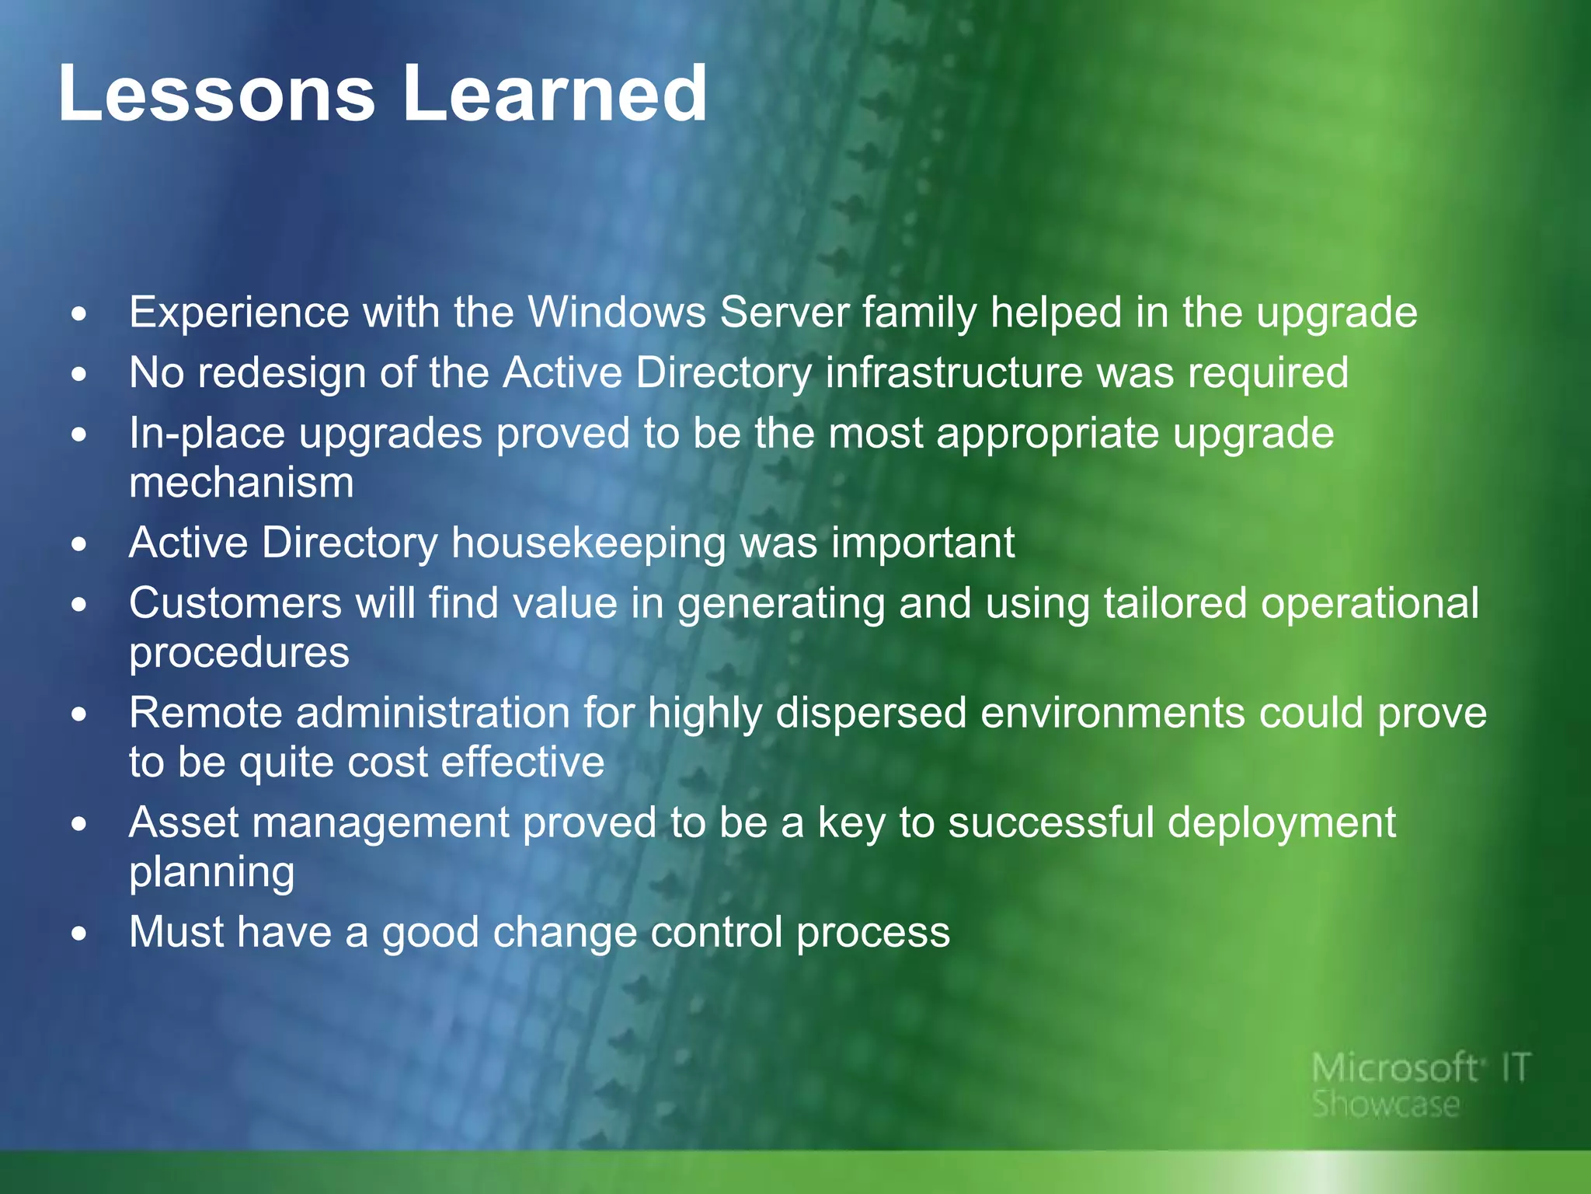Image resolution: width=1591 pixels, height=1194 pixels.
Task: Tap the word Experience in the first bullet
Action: (x=239, y=313)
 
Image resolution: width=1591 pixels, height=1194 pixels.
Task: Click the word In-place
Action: (x=207, y=434)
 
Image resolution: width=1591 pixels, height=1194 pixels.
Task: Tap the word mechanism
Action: (x=242, y=483)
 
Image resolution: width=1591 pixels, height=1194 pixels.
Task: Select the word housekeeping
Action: (x=588, y=543)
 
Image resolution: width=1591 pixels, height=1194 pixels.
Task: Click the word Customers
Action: (x=235, y=603)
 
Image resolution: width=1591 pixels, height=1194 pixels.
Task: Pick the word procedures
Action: (x=239, y=653)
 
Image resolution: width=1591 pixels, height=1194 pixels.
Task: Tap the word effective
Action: (x=522, y=762)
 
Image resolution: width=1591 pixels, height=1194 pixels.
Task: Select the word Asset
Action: (x=183, y=822)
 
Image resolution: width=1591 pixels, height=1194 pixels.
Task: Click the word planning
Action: (x=211, y=873)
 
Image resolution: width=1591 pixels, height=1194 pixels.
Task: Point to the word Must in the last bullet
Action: (x=176, y=932)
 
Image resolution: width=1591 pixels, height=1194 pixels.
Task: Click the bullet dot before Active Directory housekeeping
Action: (x=78, y=545)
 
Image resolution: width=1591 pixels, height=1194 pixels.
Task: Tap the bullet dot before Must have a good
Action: (x=78, y=934)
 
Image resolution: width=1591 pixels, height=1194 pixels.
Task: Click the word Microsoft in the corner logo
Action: (x=1394, y=1069)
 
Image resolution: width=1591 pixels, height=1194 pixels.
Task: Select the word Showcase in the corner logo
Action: (x=1386, y=1105)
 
